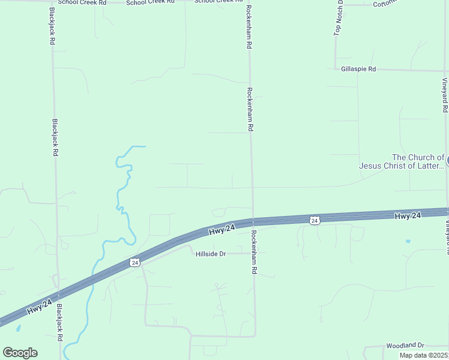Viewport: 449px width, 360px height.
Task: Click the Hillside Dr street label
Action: pyautogui.click(x=210, y=254)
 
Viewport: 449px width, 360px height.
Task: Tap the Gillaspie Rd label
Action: pyautogui.click(x=358, y=69)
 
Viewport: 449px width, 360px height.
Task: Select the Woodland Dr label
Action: pyautogui.click(x=405, y=346)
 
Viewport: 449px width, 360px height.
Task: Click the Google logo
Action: pyautogui.click(x=20, y=353)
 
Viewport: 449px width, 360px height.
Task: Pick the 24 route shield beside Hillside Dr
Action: pyautogui.click(x=134, y=262)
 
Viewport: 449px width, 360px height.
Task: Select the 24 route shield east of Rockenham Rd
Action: pyautogui.click(x=314, y=220)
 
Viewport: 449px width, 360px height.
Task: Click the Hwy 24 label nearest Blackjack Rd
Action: pyautogui.click(x=40, y=310)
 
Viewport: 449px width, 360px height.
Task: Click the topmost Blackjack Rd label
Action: pyautogui.click(x=52, y=27)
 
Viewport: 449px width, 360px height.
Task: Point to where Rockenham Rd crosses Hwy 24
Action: pyautogui.click(x=253, y=221)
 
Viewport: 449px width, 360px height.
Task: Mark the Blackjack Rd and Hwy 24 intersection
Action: pyautogui.click(x=58, y=295)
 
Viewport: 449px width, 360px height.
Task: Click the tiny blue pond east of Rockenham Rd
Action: pyautogui.click(x=408, y=241)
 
